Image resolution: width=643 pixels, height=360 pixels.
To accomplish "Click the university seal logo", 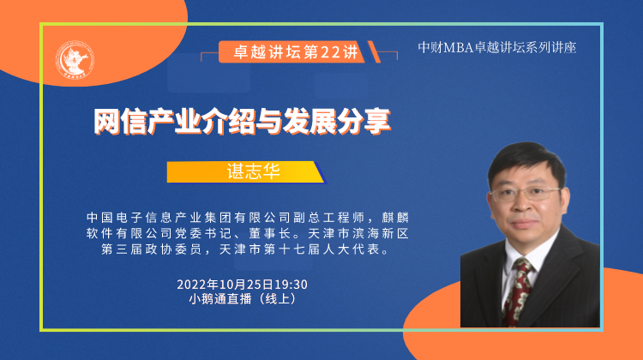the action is (x=75, y=60).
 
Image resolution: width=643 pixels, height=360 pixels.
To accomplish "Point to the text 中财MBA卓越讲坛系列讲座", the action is (x=497, y=47).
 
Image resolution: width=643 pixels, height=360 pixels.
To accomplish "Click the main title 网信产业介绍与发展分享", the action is (x=242, y=122).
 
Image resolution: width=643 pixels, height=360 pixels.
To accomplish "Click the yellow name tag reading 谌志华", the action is (x=245, y=171).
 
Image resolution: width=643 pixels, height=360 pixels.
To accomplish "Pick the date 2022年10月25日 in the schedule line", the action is (x=225, y=285).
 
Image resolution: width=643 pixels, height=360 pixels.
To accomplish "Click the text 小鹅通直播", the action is (x=220, y=298).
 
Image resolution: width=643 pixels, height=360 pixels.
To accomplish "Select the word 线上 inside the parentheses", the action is (x=278, y=298).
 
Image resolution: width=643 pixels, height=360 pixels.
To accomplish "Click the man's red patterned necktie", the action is (x=517, y=291).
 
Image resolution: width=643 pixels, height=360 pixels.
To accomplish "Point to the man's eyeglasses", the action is (x=526, y=194).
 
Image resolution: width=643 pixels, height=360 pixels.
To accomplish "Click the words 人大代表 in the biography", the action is (x=352, y=249).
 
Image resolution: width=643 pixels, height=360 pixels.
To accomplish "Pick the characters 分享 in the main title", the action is (x=364, y=122).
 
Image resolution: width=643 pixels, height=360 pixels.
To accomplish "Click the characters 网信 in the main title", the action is (x=120, y=122).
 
